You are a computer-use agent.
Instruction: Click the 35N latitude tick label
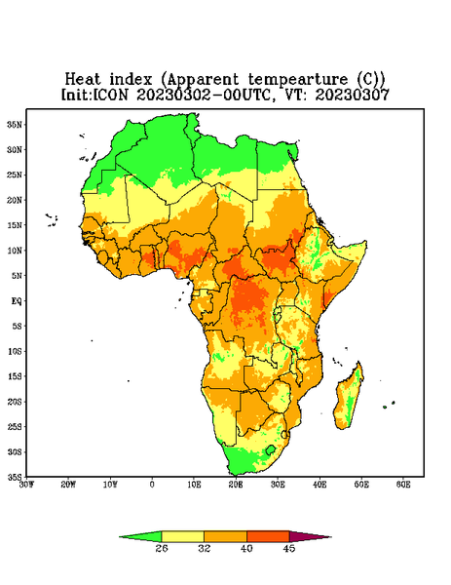[15, 124]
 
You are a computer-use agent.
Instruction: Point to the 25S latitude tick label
[15, 426]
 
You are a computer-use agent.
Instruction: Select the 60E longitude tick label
[403, 485]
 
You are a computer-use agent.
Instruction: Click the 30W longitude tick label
[26, 485]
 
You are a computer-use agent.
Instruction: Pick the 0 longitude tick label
[152, 485]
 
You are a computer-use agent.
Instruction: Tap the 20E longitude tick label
[236, 485]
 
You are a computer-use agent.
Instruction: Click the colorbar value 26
[162, 548]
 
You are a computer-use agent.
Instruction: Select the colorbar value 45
[289, 548]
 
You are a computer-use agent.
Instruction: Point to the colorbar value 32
[205, 548]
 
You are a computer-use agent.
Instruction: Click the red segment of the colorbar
[268, 536]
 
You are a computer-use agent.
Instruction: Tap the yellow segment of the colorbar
[182, 536]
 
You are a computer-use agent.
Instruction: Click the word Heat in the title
[83, 80]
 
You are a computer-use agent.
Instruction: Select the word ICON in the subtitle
[110, 95]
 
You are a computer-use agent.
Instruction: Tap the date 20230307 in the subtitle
[353, 95]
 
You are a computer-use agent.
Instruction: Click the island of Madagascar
[350, 396]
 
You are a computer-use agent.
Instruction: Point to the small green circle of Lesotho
[271, 449]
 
